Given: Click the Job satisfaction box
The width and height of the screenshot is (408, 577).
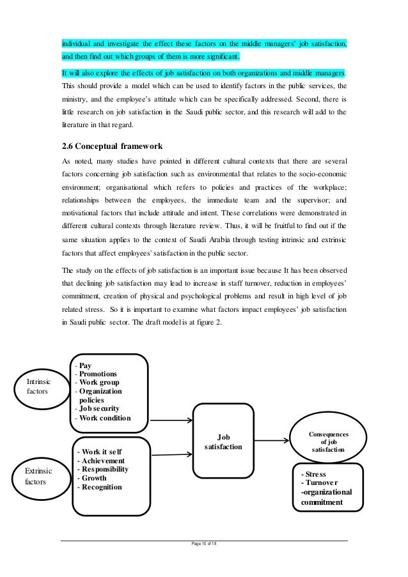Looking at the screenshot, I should point(223,442).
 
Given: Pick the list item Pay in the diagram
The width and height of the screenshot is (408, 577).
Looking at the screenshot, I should point(85,366).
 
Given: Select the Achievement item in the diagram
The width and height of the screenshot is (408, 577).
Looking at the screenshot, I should point(103,461).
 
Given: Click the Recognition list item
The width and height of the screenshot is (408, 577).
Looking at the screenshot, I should point(102,487).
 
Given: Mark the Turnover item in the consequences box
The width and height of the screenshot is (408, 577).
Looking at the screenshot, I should point(322,484).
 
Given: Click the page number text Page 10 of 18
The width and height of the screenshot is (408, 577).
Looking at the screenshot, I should point(204,543).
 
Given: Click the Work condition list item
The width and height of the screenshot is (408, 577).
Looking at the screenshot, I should point(103,418).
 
